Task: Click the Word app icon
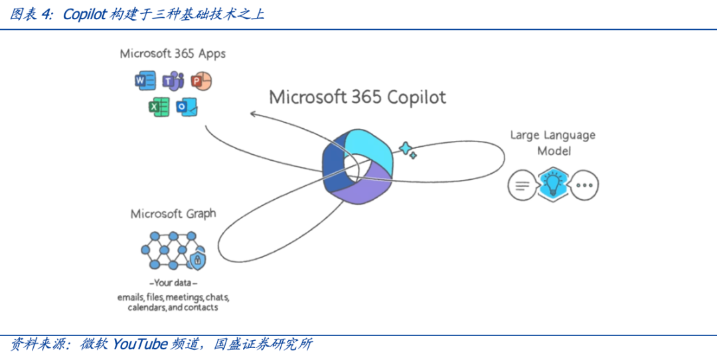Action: click(144, 81)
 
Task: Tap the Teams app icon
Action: click(173, 82)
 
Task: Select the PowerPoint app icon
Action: click(200, 81)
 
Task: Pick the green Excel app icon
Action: click(159, 106)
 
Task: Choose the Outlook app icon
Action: click(187, 106)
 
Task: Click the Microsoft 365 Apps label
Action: click(173, 54)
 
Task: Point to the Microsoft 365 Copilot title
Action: click(357, 97)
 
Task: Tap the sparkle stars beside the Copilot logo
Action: click(407, 150)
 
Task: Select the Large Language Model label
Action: click(552, 143)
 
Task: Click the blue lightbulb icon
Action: click(552, 185)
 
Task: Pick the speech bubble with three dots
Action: click(584, 186)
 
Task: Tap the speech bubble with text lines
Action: click(522, 185)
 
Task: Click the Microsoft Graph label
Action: click(173, 214)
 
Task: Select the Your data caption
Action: click(173, 283)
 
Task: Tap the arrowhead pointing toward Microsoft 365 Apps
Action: click(254, 114)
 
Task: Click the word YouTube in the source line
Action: click(139, 344)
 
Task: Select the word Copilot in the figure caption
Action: click(84, 15)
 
